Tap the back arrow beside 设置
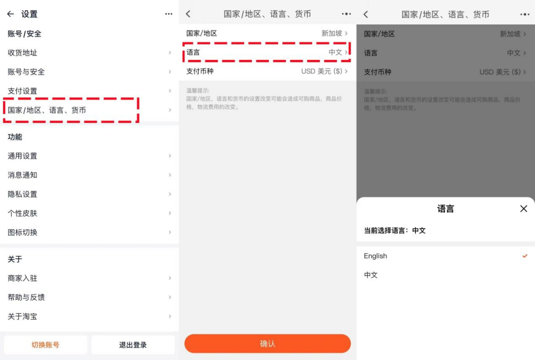(10, 14)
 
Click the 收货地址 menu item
(22, 52)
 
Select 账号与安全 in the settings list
(26, 71)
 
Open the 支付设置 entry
(22, 90)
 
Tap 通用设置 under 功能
(22, 156)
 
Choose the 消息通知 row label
(22, 175)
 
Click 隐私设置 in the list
(22, 194)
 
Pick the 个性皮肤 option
(22, 213)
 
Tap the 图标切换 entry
(22, 232)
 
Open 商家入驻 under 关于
(22, 278)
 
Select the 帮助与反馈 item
(26, 297)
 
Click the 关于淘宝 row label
(22, 316)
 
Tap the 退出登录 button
(133, 345)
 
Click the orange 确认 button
(267, 344)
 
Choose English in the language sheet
(375, 256)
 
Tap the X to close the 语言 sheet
(523, 208)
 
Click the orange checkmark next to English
(524, 256)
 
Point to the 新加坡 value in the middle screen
(332, 33)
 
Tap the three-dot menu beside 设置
(168, 14)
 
